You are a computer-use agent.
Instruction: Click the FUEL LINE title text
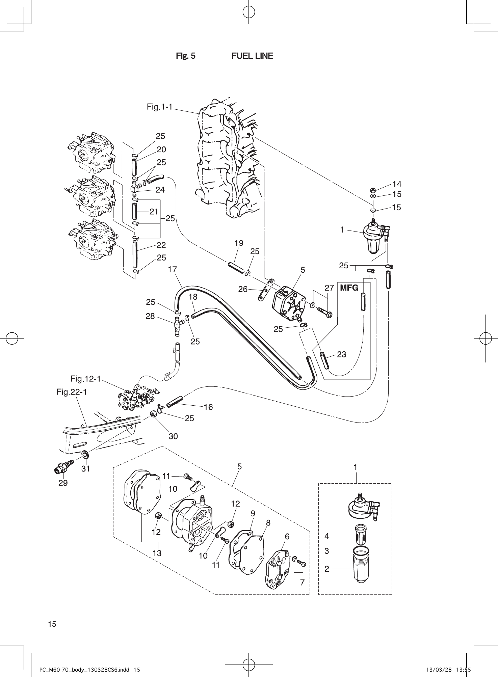tap(252, 56)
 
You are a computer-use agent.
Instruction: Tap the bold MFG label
tap(349, 288)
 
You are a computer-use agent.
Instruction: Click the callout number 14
tap(397, 184)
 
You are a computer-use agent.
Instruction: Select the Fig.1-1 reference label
tap(159, 107)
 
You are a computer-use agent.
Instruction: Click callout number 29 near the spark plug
tap(63, 483)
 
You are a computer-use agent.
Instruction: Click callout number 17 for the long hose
tap(172, 269)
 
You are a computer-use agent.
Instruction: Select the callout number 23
tap(341, 354)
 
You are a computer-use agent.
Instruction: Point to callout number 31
tap(86, 468)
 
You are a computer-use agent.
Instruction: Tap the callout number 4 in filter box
tap(326, 536)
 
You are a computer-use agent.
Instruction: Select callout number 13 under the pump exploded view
tap(157, 553)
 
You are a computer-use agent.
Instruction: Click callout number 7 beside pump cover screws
tap(302, 582)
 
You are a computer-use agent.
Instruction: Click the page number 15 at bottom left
tap(52, 624)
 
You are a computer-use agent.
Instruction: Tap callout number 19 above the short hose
tap(239, 243)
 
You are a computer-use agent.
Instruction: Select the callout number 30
tap(173, 436)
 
